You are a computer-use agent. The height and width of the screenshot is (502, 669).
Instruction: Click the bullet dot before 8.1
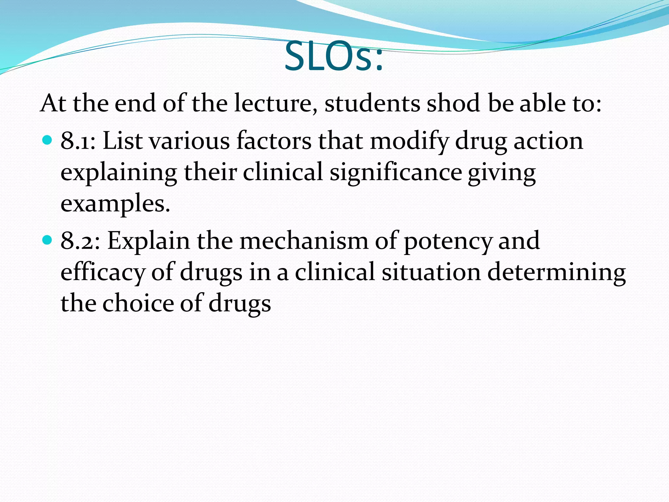pos(47,140)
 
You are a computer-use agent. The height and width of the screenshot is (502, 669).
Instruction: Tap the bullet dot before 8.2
pos(47,240)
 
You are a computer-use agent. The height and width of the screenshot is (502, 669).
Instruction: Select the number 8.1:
pos(78,141)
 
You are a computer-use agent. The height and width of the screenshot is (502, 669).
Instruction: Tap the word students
pos(372,103)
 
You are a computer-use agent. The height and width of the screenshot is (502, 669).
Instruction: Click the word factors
pos(274,141)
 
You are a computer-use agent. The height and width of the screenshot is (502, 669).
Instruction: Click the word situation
pos(431,272)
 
